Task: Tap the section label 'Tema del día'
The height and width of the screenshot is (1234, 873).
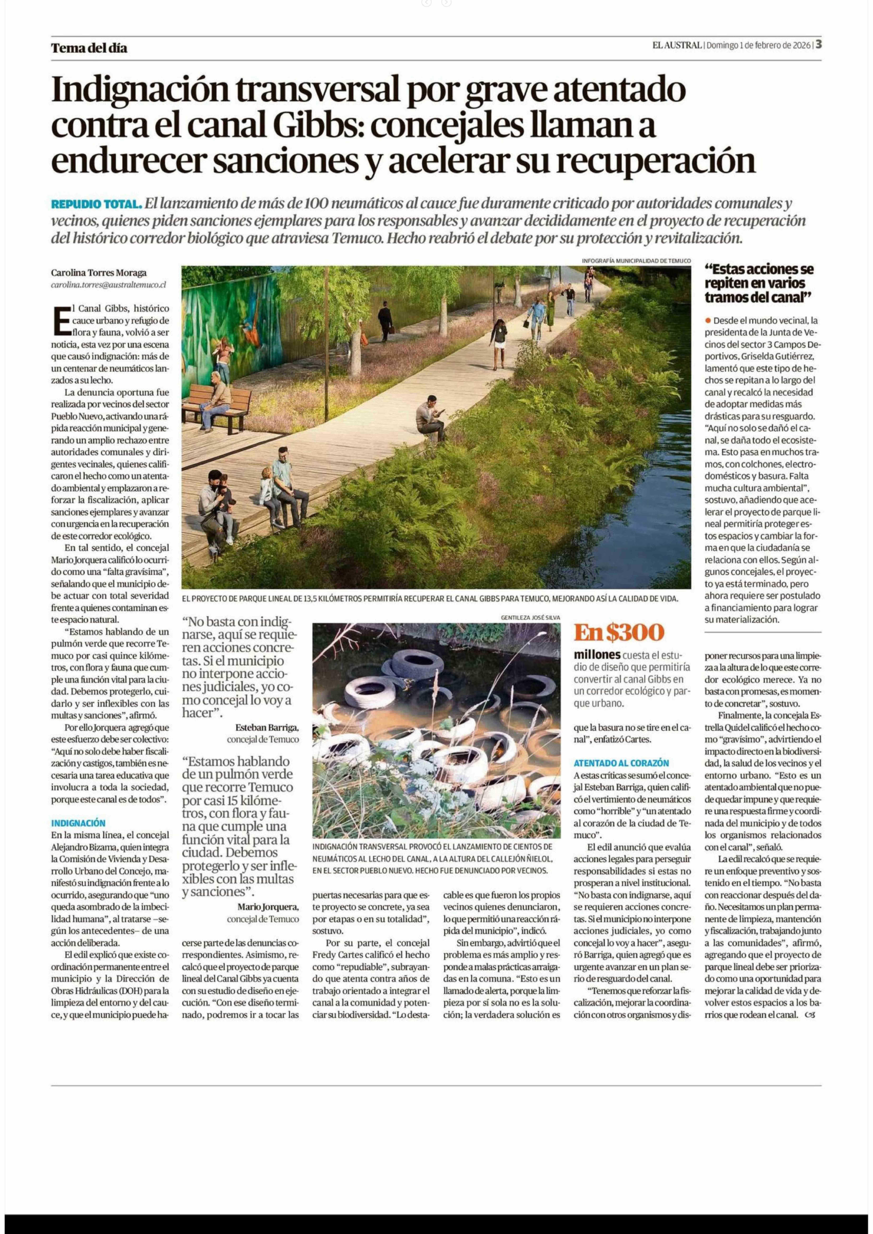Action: click(x=89, y=48)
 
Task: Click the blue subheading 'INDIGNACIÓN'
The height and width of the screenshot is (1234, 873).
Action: click(x=78, y=823)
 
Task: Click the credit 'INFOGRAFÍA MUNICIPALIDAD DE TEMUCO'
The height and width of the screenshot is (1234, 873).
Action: click(x=636, y=261)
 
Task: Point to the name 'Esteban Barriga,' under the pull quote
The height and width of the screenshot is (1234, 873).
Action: click(x=267, y=727)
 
